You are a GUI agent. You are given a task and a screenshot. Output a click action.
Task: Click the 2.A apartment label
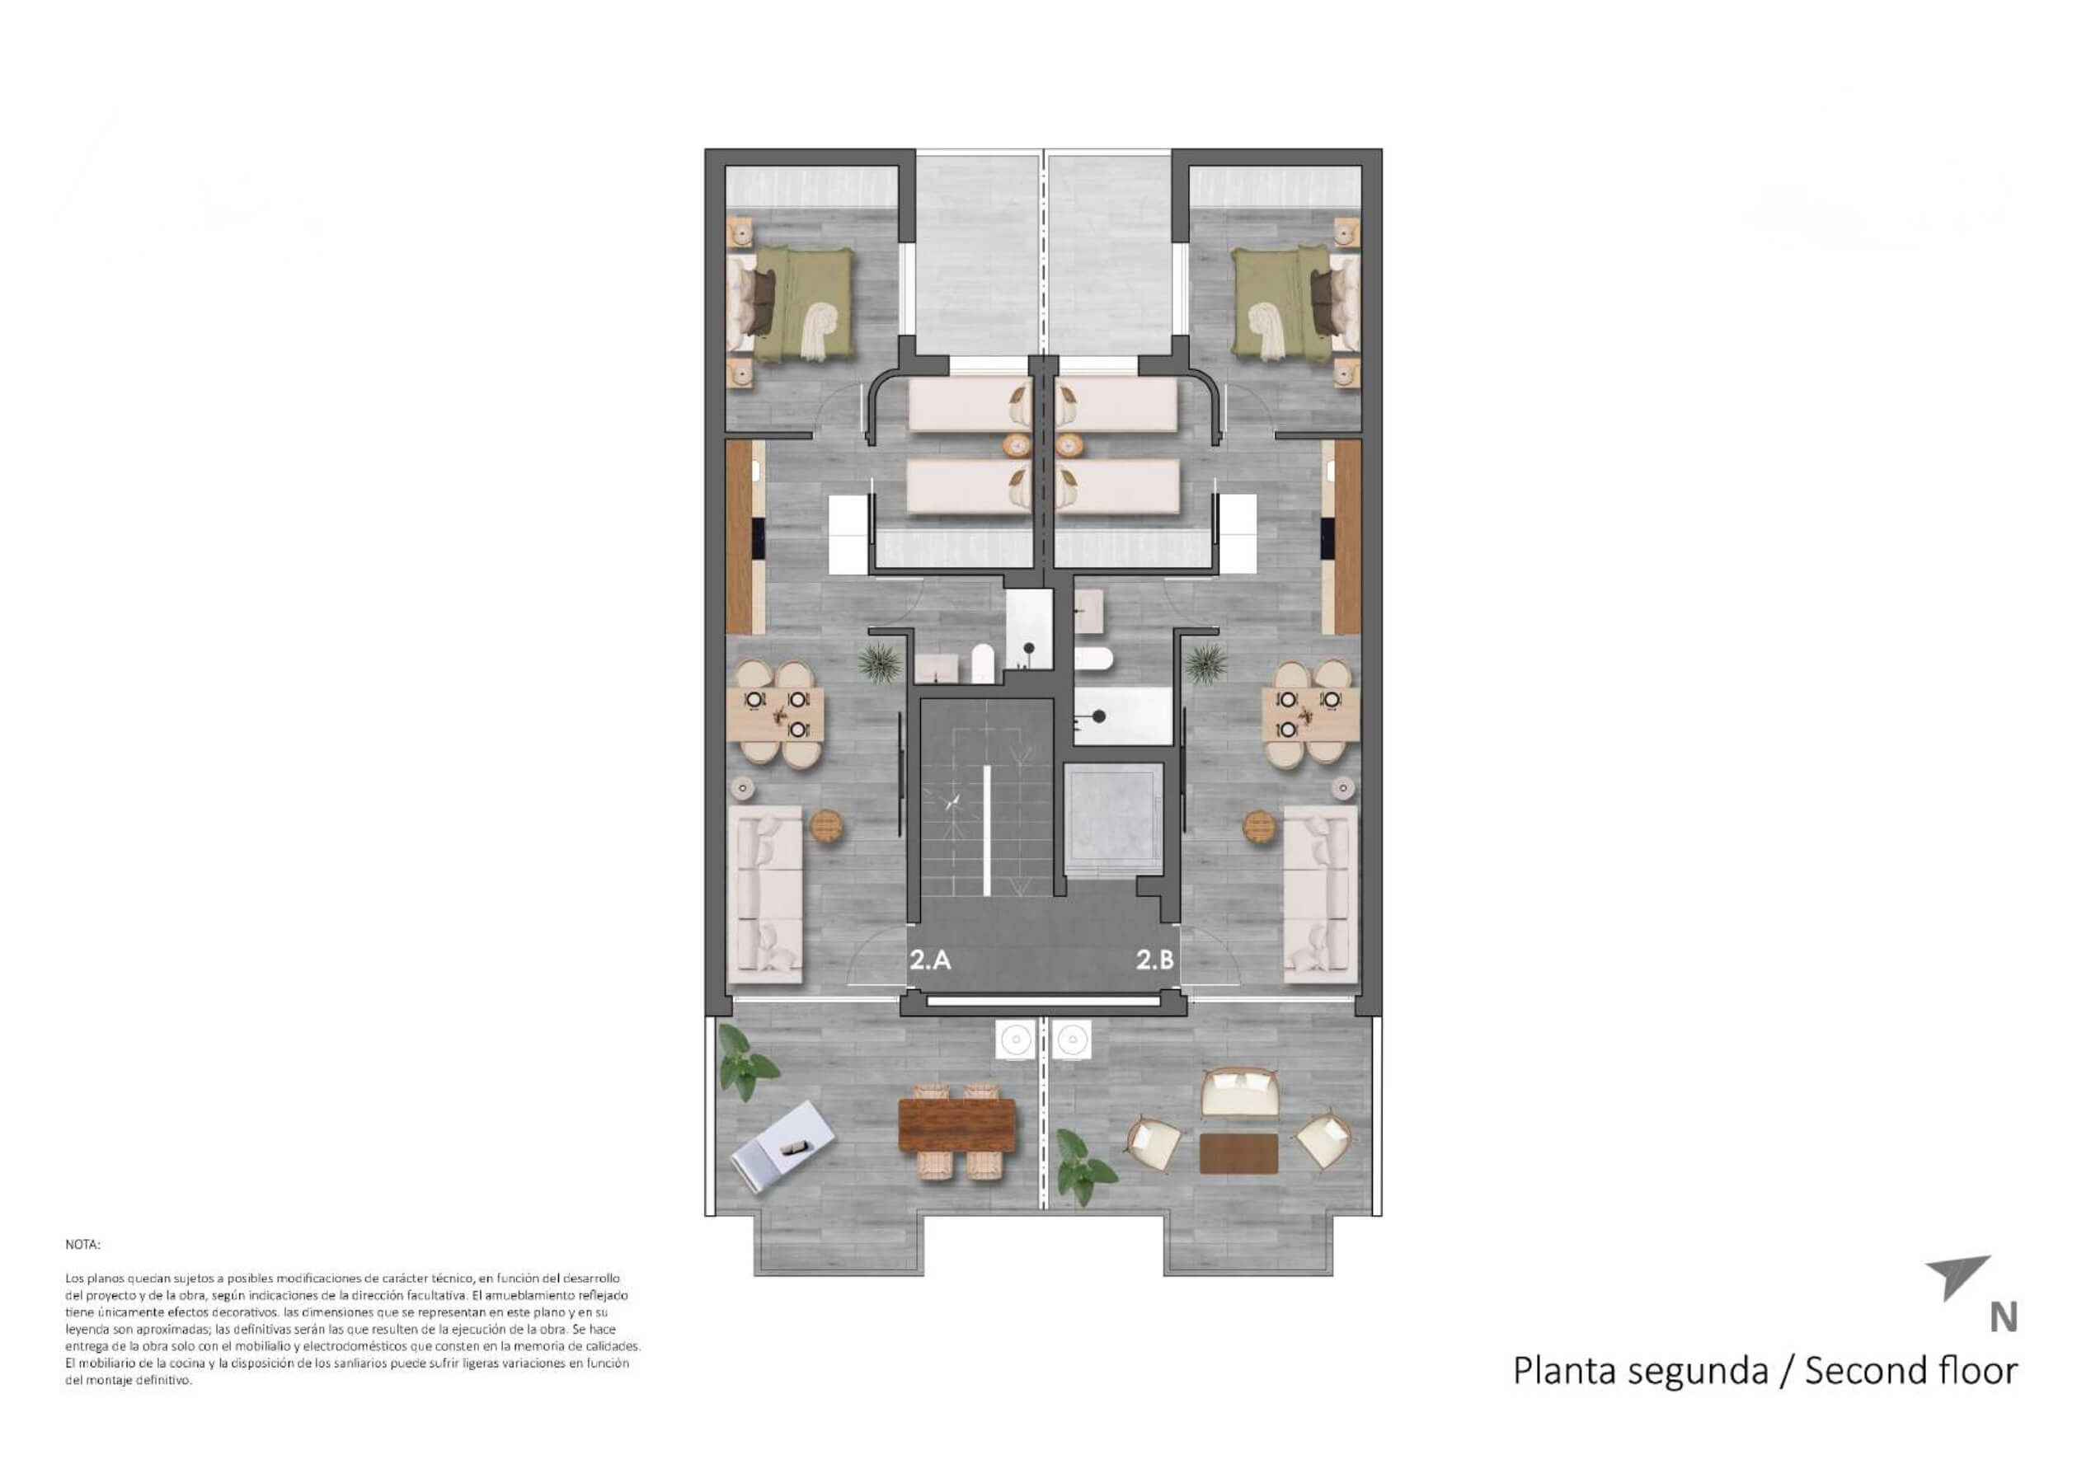(930, 960)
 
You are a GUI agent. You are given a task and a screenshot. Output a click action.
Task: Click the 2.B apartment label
(1155, 960)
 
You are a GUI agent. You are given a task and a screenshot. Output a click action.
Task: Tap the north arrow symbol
(1957, 1278)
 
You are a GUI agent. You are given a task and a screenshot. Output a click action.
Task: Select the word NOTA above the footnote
(83, 1244)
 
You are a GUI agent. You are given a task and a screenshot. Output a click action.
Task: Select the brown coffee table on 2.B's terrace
(1238, 1153)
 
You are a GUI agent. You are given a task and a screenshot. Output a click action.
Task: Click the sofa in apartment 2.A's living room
(766, 894)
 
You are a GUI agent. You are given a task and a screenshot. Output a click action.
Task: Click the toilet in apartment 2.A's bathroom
(983, 664)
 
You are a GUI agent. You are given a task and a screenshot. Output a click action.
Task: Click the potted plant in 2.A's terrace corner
(748, 1062)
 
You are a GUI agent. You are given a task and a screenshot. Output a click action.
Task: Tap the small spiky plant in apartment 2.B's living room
(1209, 661)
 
